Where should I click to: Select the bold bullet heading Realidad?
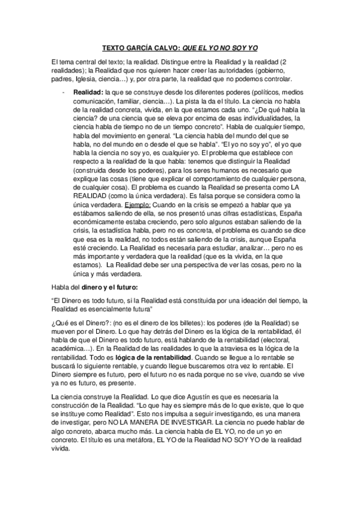point(88,93)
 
